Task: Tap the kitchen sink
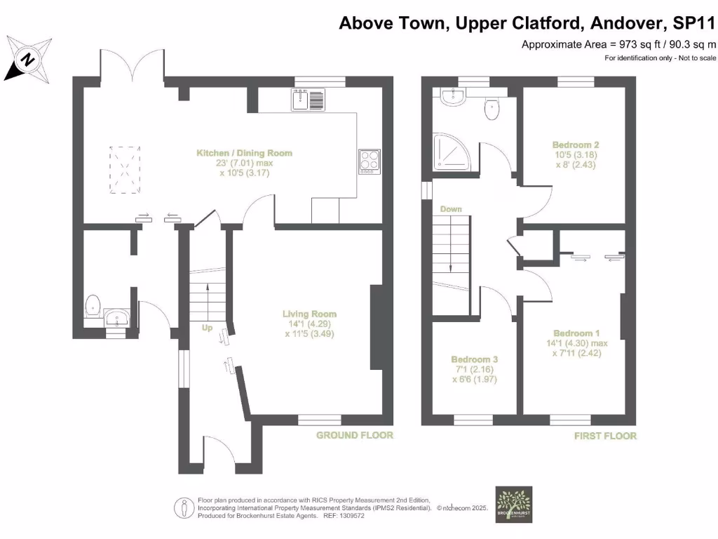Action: click(308, 100)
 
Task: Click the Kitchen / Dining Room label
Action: click(244, 153)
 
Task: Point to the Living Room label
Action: click(309, 314)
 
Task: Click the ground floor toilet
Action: click(92, 307)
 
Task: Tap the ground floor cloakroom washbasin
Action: click(116, 320)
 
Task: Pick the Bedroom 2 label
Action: click(576, 145)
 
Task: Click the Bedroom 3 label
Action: click(474, 359)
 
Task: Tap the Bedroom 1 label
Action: click(576, 333)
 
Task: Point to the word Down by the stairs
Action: click(451, 209)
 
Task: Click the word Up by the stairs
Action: click(207, 328)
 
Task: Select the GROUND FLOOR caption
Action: click(355, 435)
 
